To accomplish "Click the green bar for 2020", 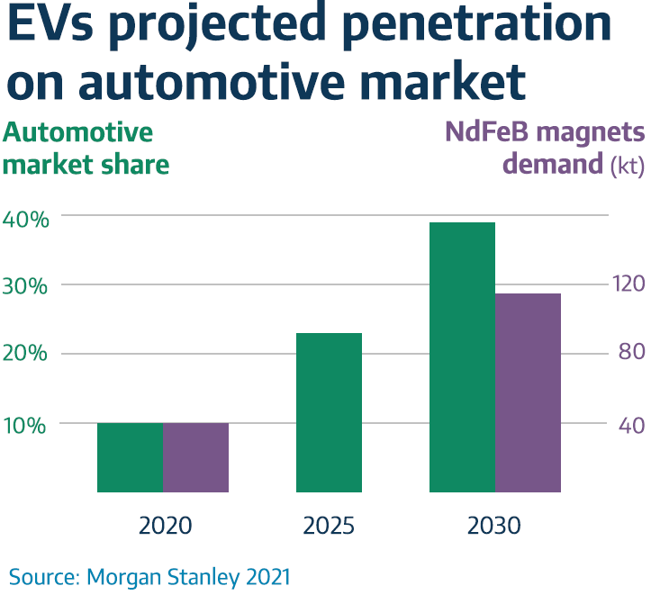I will [130, 457].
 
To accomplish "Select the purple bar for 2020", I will [195, 457].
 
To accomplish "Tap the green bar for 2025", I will [329, 412].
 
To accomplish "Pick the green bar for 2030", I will [462, 357].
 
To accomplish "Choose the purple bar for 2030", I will [528, 392].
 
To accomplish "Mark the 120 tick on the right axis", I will [628, 284].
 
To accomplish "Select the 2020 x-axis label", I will [166, 526].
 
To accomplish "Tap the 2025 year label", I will [329, 526].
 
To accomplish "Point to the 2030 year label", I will [494, 526].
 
